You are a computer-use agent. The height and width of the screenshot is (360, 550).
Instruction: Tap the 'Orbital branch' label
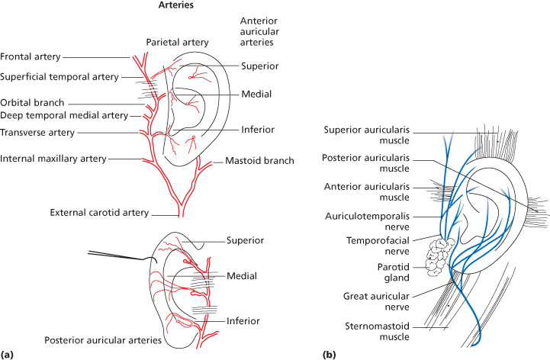click(x=33, y=103)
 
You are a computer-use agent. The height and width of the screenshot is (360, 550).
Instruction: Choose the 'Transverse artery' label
click(x=37, y=132)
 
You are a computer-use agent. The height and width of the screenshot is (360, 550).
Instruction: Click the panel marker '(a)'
click(x=8, y=354)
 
